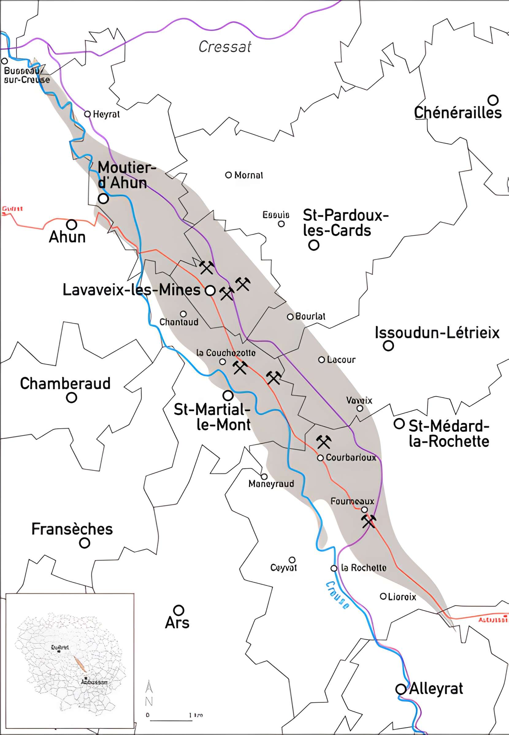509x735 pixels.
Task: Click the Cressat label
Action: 224,47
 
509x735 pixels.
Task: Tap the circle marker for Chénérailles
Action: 493,100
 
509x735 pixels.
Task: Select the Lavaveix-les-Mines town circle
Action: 210,290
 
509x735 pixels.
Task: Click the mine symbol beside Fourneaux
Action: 368,521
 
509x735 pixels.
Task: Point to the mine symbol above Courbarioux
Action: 324,442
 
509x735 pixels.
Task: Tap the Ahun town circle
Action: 71,224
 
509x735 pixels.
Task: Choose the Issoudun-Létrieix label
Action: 437,333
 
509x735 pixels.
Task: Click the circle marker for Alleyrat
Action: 400,689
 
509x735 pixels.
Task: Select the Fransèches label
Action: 72,529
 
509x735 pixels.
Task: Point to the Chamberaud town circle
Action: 71,398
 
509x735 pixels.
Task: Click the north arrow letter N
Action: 149,701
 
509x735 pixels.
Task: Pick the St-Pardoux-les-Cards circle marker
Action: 313,245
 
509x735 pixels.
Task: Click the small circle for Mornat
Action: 228,175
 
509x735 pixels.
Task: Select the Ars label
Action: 177,622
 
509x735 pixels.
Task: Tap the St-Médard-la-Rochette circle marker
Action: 399,424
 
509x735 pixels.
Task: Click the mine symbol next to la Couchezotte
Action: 240,367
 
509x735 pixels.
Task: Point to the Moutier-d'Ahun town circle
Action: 103,198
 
